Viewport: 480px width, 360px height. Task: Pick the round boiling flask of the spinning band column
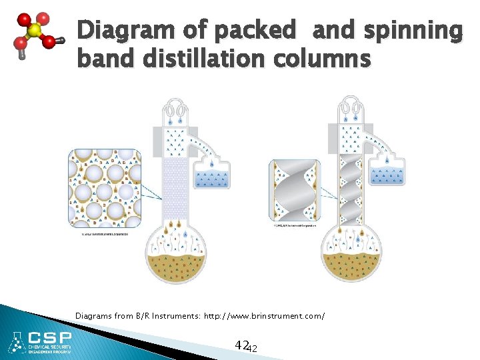351,257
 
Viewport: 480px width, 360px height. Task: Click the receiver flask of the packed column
211,177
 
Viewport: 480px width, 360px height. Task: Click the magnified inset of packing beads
104,187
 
